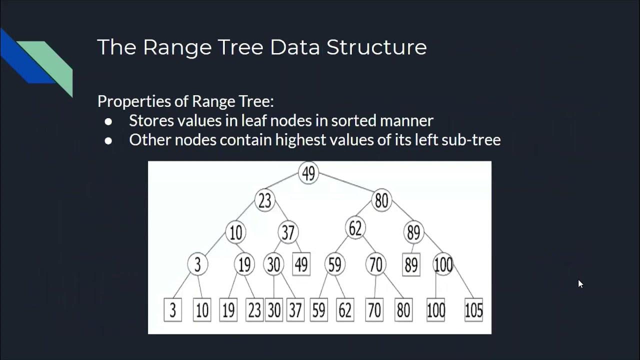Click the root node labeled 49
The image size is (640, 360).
[308, 173]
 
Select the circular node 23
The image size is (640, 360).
[264, 200]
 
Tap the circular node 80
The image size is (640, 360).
[381, 200]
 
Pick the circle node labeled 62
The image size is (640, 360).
[355, 228]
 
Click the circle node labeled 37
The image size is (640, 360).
[288, 232]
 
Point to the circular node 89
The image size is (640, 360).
[413, 232]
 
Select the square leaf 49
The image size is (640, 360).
[301, 265]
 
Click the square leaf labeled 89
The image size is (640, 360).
[411, 265]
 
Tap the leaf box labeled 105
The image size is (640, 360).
[473, 310]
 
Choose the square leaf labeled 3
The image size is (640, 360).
[172, 310]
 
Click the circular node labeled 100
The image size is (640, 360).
[443, 264]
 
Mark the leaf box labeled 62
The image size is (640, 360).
[345, 310]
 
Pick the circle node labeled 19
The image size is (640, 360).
[244, 264]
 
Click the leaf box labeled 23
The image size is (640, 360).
[254, 310]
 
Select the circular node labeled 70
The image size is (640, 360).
[375, 264]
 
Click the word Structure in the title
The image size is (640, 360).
[376, 47]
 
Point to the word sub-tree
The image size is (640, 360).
[471, 140]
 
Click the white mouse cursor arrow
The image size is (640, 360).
[580, 283]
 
